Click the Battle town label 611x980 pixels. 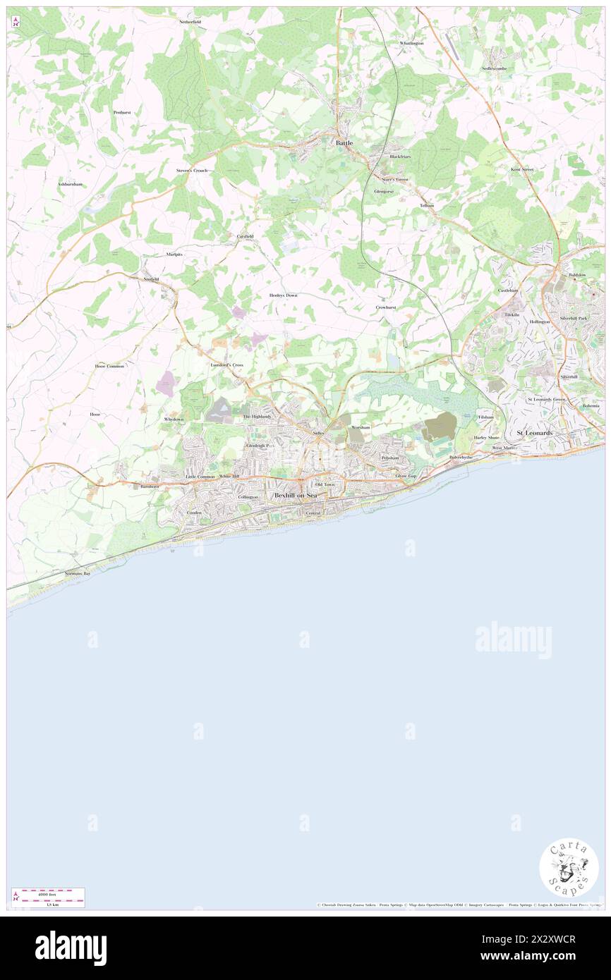344,142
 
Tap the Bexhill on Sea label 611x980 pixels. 296,496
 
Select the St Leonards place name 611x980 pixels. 535,432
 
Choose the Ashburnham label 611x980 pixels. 70,184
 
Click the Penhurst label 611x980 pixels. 122,112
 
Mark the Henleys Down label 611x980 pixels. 283,295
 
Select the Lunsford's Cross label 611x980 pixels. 226,365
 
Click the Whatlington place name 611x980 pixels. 411,43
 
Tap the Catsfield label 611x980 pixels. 244,235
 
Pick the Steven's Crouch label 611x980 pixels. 192,171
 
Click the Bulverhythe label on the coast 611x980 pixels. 461,457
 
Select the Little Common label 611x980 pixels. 200,477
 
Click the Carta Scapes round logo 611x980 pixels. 569,867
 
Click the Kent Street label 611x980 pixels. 522,170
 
